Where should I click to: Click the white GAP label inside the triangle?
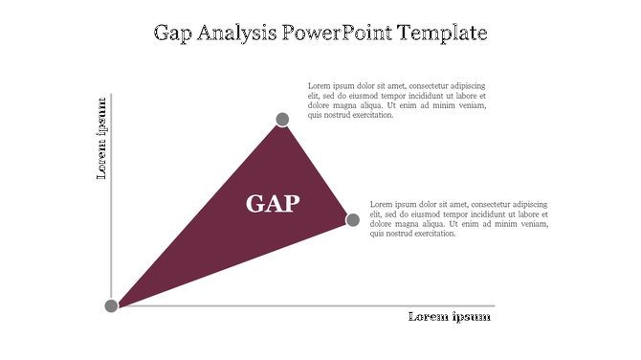(273, 203)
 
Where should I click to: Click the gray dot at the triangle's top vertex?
(282, 120)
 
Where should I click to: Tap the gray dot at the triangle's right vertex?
(352, 220)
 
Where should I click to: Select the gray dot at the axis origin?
(111, 305)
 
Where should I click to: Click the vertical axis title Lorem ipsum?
(100, 138)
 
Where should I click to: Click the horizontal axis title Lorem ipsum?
(450, 317)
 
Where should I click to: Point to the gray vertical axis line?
(111, 191)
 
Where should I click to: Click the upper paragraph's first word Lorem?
(319, 86)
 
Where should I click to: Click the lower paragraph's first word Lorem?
(381, 204)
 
